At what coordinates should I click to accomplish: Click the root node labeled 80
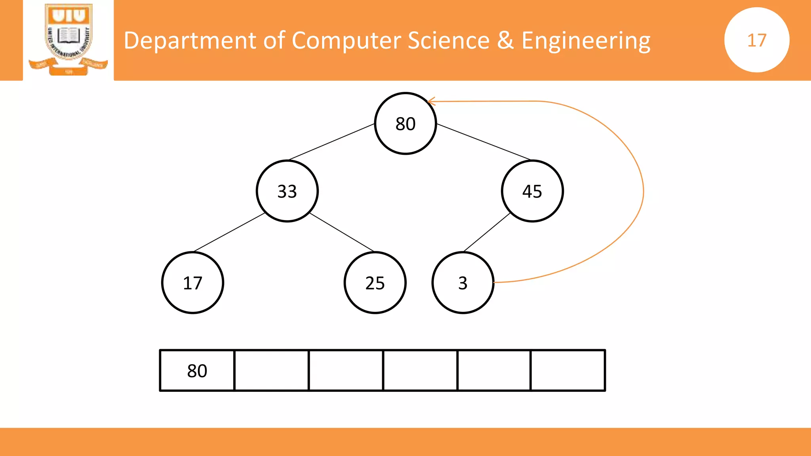(x=405, y=123)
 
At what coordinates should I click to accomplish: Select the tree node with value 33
(x=287, y=191)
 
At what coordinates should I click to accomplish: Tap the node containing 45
(x=532, y=191)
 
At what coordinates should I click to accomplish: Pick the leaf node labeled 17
(x=193, y=283)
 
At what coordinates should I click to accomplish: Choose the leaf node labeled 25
(x=375, y=283)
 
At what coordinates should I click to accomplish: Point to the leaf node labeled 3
(x=463, y=283)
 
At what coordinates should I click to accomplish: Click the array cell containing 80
(x=197, y=370)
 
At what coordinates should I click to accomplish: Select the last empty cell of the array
(x=568, y=370)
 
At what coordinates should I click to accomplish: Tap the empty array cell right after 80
(x=272, y=370)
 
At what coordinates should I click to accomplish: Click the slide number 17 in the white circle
(x=757, y=40)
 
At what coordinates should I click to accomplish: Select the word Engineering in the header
(x=586, y=41)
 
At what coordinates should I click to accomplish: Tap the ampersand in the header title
(x=505, y=40)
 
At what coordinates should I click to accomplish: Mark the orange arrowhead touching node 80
(x=431, y=102)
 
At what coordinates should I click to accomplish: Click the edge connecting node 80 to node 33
(x=332, y=142)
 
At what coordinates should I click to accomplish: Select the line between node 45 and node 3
(x=487, y=232)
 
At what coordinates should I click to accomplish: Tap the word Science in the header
(x=448, y=40)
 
